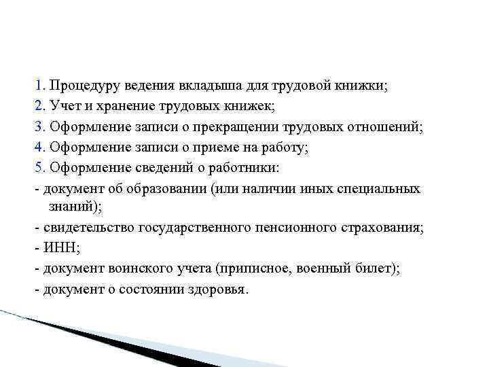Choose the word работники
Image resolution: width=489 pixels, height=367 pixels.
(250, 166)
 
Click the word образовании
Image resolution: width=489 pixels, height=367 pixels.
(153, 188)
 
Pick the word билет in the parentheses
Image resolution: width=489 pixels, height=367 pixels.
(372, 268)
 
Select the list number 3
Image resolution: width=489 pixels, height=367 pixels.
(38, 126)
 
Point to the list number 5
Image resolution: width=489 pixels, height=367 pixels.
(38, 166)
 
